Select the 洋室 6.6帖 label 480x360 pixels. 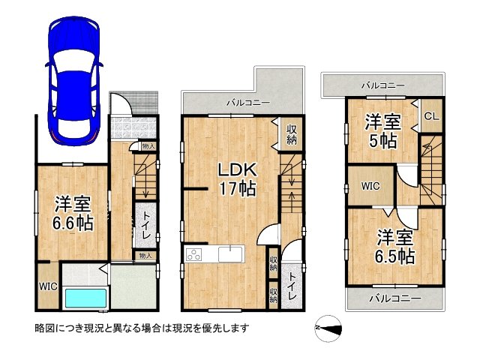click(x=73, y=212)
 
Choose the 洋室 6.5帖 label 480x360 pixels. click(x=395, y=246)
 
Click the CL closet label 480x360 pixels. click(x=431, y=115)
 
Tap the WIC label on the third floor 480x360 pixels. click(x=370, y=184)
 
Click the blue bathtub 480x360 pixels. click(x=85, y=298)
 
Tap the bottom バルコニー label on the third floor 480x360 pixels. click(x=394, y=298)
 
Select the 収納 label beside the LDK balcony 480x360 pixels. click(x=291, y=135)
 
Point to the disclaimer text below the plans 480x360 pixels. click(x=142, y=328)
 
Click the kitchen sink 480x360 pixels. click(x=229, y=254)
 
